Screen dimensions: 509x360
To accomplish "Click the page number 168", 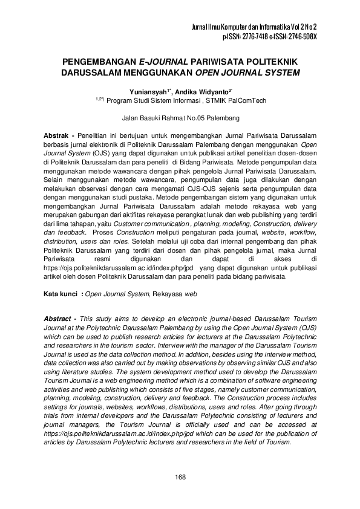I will pyautogui.click(x=180, y=478).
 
